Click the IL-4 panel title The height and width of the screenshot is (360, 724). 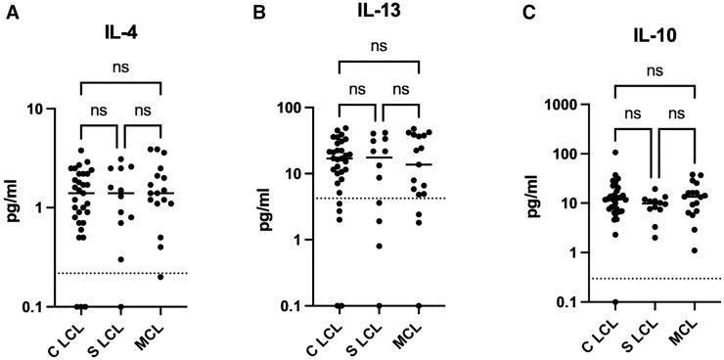pos(121,32)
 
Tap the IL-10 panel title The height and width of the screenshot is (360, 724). pos(656,43)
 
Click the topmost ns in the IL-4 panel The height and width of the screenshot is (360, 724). pos(119,68)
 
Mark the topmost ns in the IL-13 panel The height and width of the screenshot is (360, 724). pos(379,45)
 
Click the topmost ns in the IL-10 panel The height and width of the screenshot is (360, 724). pos(655,70)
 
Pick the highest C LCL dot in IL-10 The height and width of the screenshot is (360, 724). pos(615,153)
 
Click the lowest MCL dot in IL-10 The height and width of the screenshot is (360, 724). pos(694,250)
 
